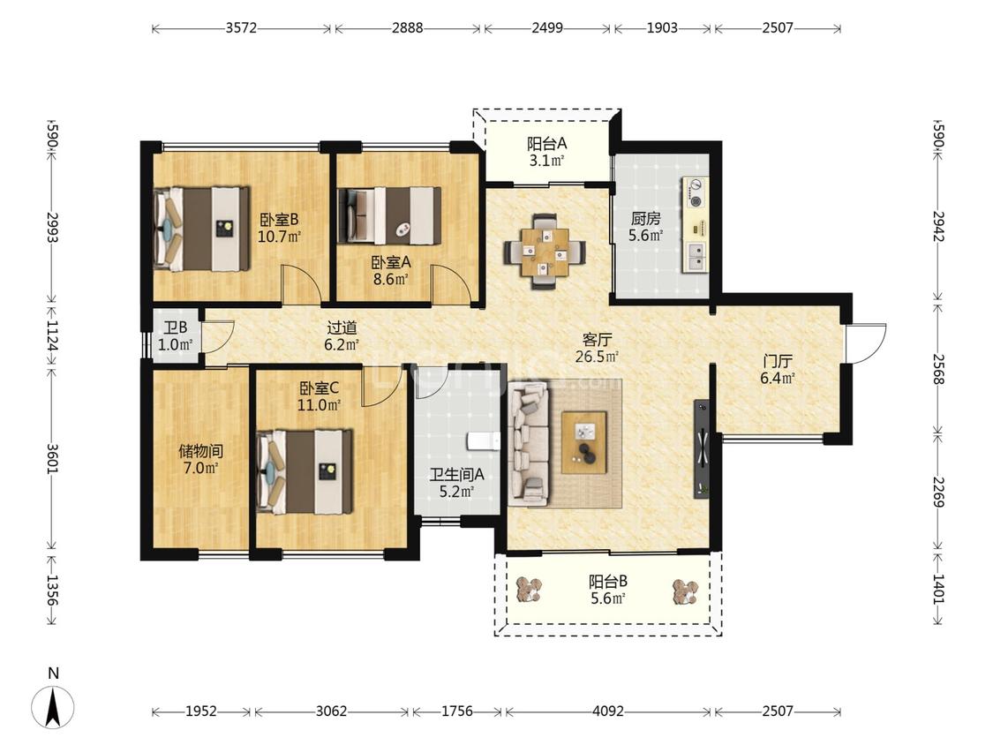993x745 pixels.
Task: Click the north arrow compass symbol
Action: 53,706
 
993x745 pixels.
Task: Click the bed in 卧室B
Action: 201,229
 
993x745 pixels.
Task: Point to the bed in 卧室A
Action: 389,215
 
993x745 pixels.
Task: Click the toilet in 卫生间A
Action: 484,440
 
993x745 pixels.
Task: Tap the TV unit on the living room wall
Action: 702,448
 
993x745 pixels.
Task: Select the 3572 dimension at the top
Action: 241,28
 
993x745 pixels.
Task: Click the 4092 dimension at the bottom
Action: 608,711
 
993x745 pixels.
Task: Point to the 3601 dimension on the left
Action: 53,457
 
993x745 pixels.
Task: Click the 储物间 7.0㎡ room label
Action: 200,460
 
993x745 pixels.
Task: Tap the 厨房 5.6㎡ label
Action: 646,228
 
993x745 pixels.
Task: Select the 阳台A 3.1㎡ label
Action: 547,152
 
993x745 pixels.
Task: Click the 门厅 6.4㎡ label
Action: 778,370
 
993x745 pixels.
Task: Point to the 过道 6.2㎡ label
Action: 342,335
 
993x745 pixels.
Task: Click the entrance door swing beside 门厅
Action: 866,343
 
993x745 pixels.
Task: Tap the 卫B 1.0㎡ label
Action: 176,336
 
